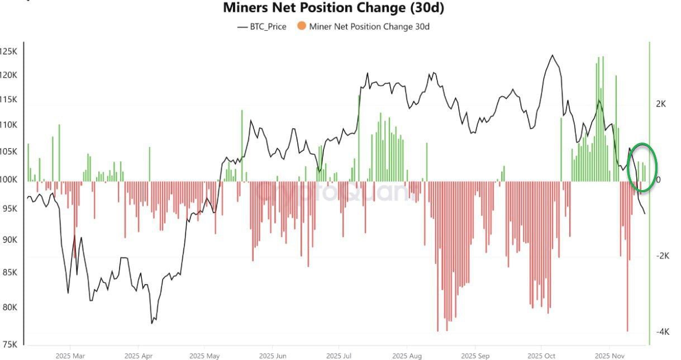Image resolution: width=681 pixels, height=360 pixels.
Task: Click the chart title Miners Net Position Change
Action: tap(334, 8)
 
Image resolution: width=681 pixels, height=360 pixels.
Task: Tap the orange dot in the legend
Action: tap(302, 26)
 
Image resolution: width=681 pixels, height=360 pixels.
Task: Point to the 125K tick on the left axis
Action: tap(8, 51)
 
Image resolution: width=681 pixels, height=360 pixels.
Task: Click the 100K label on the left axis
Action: tap(8, 180)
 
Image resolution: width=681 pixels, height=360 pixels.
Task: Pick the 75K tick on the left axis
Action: tap(8, 344)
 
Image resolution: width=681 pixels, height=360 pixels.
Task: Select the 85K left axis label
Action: tap(8, 273)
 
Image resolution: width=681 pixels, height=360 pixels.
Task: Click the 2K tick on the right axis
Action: tap(661, 104)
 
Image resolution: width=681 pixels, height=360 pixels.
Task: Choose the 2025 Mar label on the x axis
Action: tap(70, 355)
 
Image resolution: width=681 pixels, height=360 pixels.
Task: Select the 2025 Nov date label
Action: tap(609, 355)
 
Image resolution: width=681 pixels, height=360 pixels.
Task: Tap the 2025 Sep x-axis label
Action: tap(475, 355)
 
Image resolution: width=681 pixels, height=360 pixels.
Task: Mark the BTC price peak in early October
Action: tap(553, 55)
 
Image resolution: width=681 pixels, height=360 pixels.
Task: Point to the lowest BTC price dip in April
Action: tap(152, 323)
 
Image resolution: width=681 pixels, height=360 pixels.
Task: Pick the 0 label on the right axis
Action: tap(659, 180)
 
